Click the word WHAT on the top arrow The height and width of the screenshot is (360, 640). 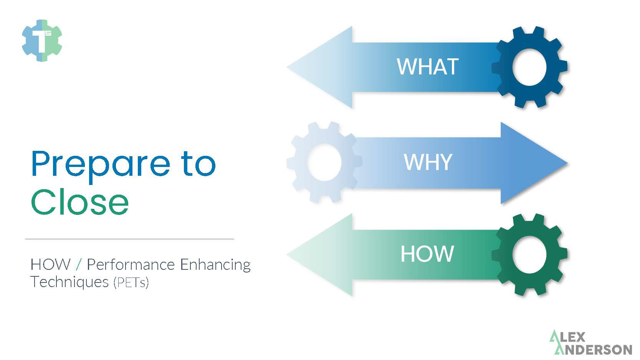tap(427, 67)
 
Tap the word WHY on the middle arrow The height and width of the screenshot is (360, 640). tap(428, 162)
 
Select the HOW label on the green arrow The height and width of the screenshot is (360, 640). tap(427, 254)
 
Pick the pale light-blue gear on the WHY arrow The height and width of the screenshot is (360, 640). tap(303, 180)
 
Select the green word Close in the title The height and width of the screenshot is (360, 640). tap(79, 202)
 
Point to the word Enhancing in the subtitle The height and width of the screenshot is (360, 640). tap(215, 265)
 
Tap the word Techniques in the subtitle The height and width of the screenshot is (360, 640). tap(69, 282)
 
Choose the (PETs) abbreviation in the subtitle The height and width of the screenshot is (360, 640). tap(131, 283)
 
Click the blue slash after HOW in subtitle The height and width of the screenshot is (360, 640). tap(79, 264)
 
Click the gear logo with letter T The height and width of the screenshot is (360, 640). tap(42, 40)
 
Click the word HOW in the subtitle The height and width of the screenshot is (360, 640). tap(50, 264)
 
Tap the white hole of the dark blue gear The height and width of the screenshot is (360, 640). tap(529, 67)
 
